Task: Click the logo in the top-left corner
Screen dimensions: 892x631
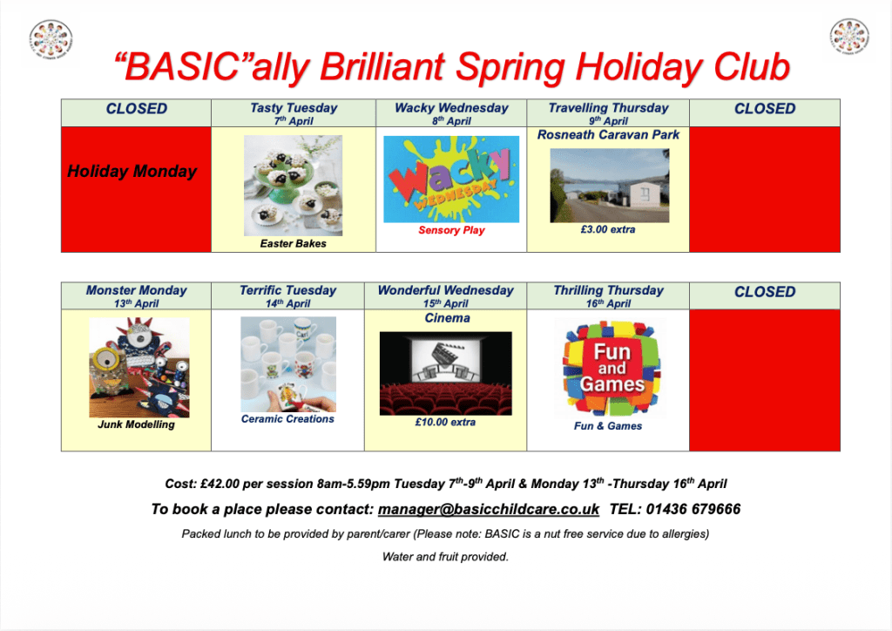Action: (51, 39)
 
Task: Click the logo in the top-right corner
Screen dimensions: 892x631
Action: (849, 37)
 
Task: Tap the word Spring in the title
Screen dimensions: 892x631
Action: (510, 67)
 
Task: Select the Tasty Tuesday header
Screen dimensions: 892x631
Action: (294, 112)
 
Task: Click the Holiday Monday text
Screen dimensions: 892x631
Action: (132, 172)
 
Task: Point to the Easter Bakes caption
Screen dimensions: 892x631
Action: (293, 243)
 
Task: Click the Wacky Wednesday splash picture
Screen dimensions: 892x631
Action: (451, 180)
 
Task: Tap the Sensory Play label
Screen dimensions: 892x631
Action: (452, 230)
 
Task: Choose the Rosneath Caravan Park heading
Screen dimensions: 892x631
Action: (608, 135)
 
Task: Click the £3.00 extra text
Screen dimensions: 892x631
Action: (607, 229)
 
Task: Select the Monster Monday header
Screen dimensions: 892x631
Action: (137, 295)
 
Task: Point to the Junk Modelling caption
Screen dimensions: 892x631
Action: (136, 424)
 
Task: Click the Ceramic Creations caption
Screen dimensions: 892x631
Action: (287, 418)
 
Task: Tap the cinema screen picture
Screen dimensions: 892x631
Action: (445, 373)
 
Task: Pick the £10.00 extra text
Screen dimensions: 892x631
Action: (445, 422)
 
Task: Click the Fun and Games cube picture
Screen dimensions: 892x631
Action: (611, 368)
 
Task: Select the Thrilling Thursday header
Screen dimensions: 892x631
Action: (608, 295)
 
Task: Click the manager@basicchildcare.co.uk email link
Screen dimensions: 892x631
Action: (488, 509)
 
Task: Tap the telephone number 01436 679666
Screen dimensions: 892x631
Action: (693, 509)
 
